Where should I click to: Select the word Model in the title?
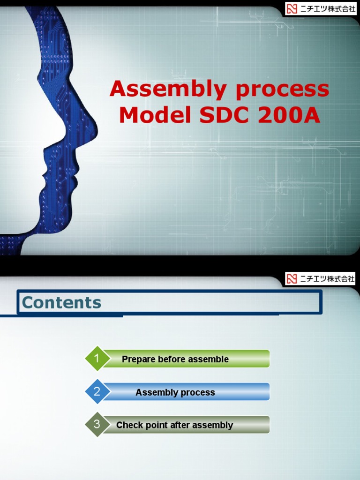pyautogui.click(x=155, y=115)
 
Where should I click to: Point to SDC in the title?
pyautogui.click(x=224, y=115)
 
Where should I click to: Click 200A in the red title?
pyautogui.click(x=289, y=115)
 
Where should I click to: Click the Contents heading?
pyautogui.click(x=61, y=302)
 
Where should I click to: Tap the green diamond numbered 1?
pyautogui.click(x=97, y=358)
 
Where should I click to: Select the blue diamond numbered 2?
pyautogui.click(x=97, y=391)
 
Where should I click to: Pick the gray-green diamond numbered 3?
pyautogui.click(x=97, y=424)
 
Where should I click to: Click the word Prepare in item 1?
pyautogui.click(x=138, y=360)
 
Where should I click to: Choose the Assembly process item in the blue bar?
pyautogui.click(x=175, y=392)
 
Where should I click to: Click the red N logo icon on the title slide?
pyautogui.click(x=292, y=8)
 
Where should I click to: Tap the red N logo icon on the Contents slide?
pyautogui.click(x=292, y=278)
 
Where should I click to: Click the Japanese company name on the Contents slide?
pyautogui.click(x=327, y=278)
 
